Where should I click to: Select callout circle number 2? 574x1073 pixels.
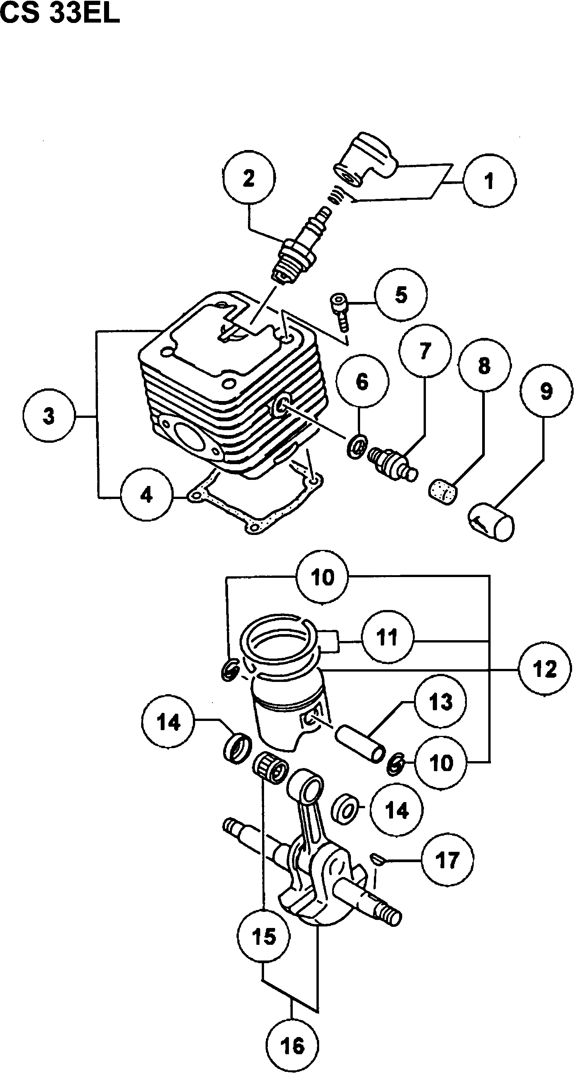(x=249, y=178)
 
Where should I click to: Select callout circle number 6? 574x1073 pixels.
(x=362, y=381)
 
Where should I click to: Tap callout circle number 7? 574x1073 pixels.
(x=424, y=351)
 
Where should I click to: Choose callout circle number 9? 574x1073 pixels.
(x=546, y=391)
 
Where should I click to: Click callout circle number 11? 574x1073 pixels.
(x=387, y=637)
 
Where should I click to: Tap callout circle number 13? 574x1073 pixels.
(x=441, y=702)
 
